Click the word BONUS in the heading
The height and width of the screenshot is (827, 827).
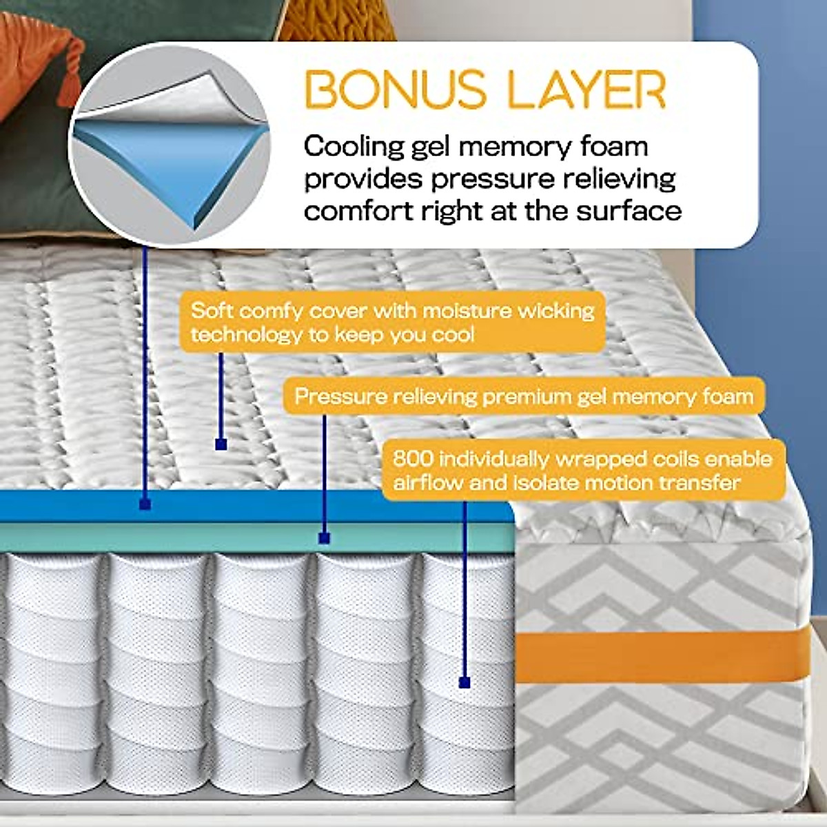click(x=381, y=89)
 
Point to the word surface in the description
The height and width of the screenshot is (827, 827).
click(x=629, y=210)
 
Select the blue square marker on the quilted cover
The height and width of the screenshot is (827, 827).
click(x=221, y=445)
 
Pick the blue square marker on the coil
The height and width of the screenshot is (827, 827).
click(x=464, y=682)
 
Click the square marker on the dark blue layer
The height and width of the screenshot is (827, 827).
click(x=145, y=505)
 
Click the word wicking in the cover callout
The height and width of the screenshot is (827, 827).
click(x=557, y=310)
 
